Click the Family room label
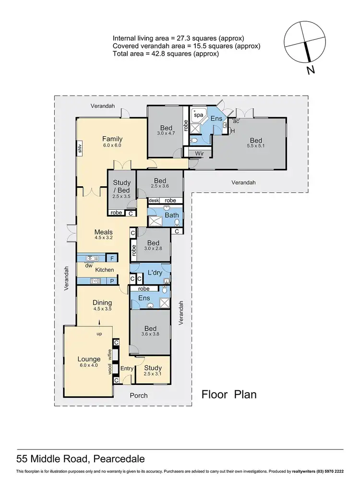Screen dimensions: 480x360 click(112, 139)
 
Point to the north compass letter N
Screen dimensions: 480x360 click(311, 71)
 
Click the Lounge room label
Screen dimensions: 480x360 click(89, 359)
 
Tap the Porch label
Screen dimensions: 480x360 click(139, 396)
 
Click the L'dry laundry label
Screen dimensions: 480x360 click(155, 273)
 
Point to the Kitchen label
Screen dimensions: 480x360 click(104, 270)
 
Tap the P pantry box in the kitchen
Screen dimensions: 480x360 click(111, 281)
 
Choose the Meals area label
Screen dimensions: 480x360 click(103, 232)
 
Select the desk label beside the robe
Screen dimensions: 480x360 click(154, 201)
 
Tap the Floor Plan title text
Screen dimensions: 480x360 click(229, 395)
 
